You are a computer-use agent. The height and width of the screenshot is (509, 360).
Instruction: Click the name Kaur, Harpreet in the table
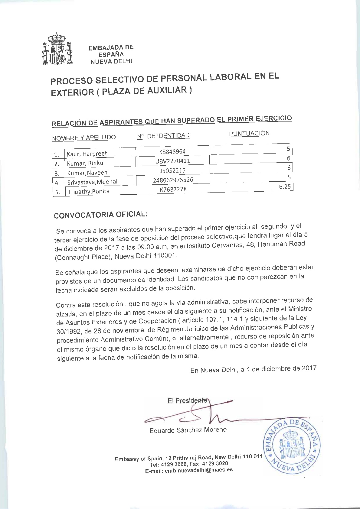click(87, 154)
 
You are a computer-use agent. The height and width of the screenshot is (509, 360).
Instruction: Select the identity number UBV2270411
click(172, 161)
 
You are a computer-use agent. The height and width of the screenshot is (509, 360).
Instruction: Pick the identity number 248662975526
click(173, 180)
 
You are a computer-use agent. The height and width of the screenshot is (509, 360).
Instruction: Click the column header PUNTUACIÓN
click(249, 133)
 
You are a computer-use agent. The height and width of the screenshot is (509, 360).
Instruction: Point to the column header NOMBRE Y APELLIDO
click(84, 138)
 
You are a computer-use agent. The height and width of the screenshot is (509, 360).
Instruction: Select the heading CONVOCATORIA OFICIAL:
click(100, 215)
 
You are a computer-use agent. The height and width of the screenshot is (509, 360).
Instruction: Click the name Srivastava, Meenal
click(92, 182)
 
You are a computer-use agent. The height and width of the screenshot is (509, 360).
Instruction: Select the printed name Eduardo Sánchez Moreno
click(188, 430)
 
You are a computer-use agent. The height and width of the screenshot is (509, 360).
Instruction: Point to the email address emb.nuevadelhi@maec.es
click(198, 470)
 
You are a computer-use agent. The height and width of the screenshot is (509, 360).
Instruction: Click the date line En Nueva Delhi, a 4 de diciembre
click(253, 369)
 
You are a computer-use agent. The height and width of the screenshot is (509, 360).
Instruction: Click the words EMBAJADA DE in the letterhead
click(111, 47)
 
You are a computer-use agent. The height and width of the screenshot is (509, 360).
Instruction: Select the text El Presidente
click(187, 401)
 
